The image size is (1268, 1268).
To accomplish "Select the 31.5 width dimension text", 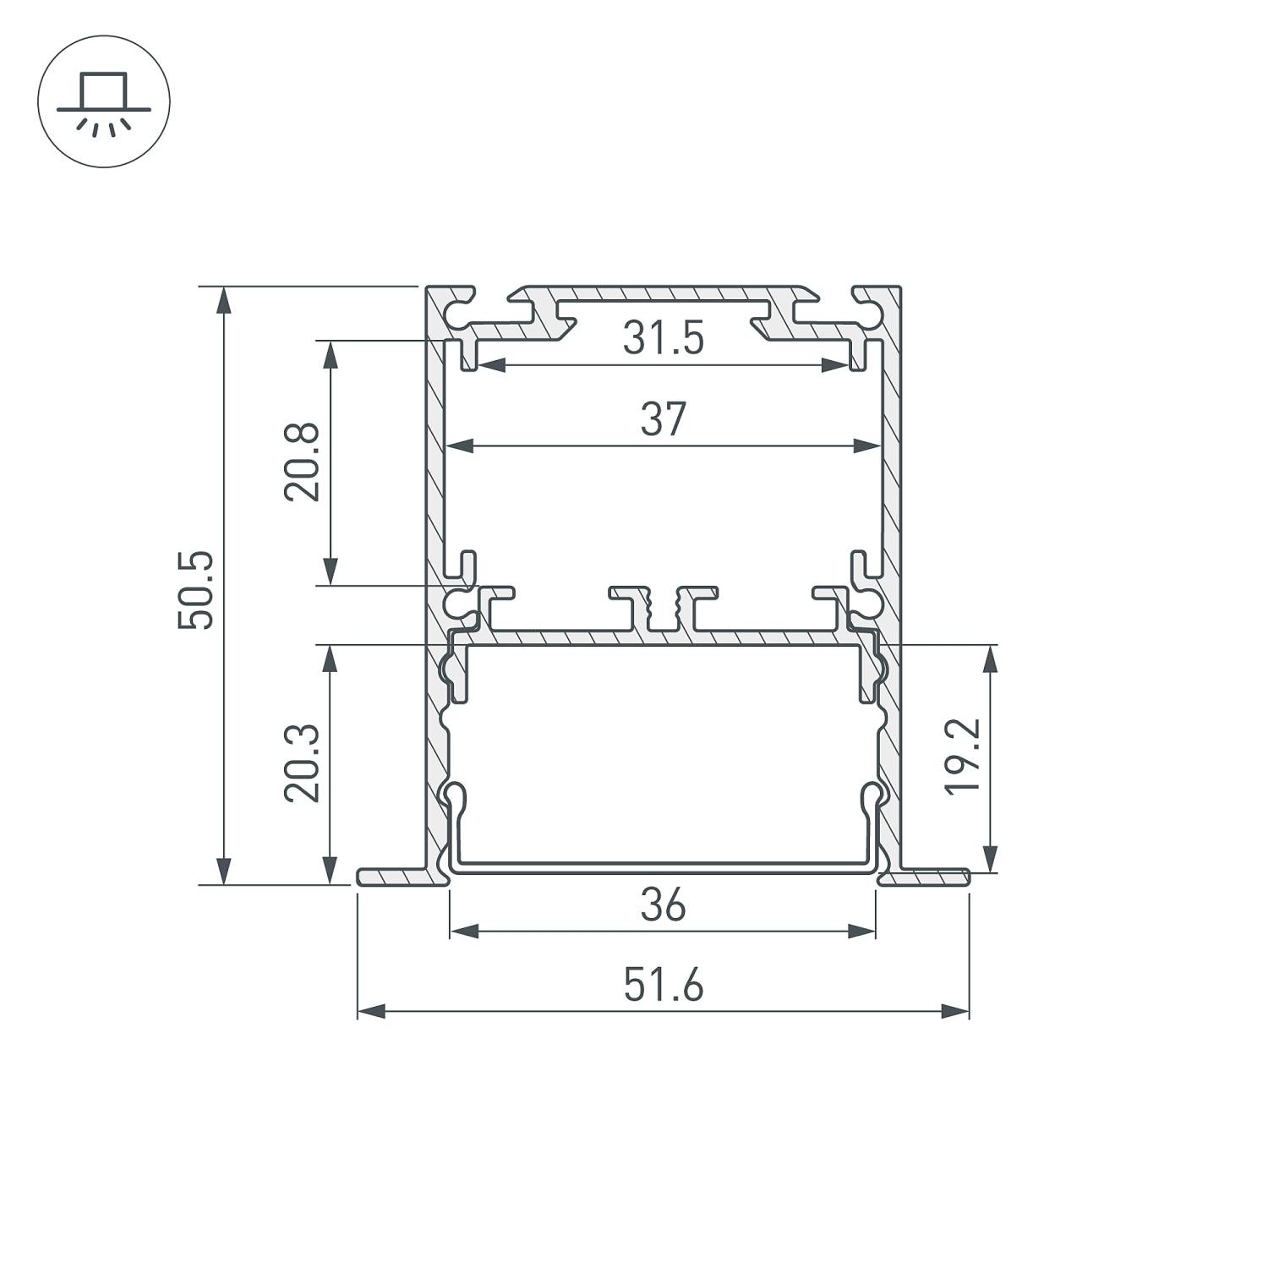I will coord(663,339).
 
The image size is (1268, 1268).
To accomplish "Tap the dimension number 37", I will coord(663,420).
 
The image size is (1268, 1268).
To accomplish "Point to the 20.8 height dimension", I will coord(302,462).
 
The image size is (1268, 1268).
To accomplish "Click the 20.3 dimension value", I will coord(302,762).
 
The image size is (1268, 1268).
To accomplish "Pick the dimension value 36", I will coord(663,906).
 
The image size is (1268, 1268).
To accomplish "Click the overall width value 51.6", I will coord(663,986).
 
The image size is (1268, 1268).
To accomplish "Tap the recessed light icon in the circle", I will coord(104,101).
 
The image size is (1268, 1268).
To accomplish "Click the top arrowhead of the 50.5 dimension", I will coord(223,301).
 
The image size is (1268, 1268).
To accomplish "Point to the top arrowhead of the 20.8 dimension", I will coord(331,354).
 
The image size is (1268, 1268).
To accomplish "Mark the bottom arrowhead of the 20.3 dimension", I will coord(331,870).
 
